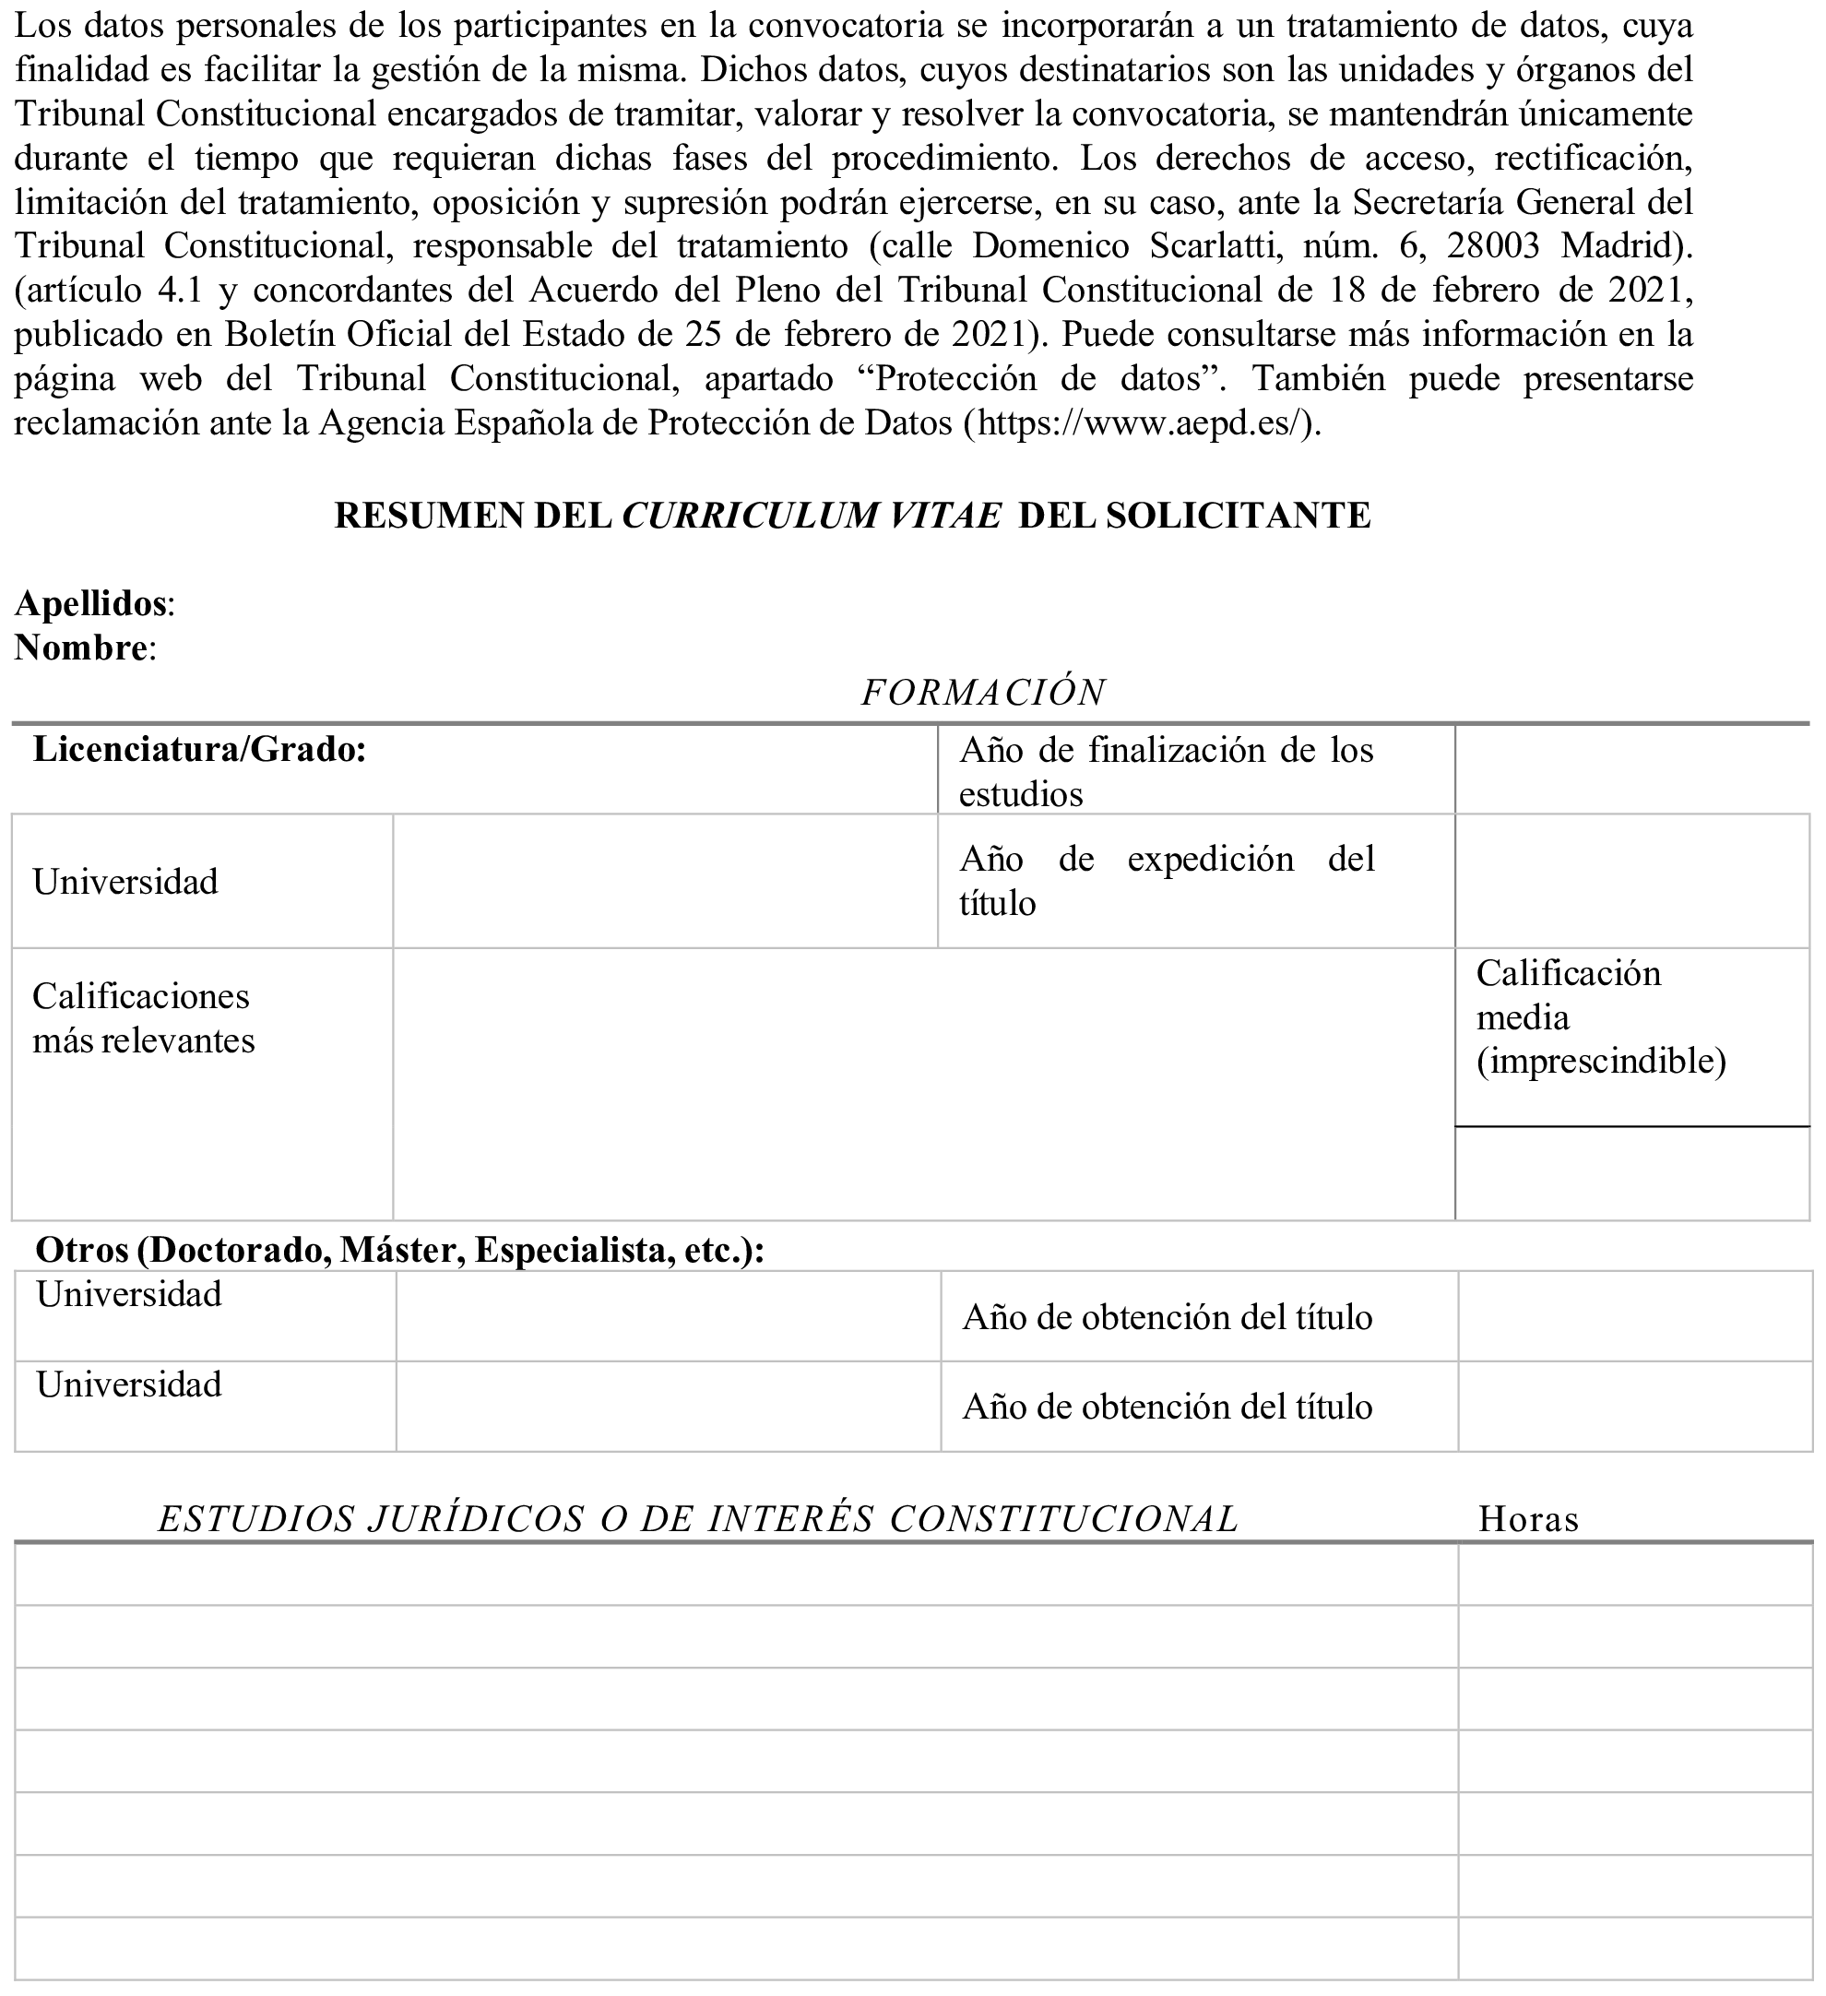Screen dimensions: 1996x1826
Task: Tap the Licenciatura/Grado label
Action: point(199,751)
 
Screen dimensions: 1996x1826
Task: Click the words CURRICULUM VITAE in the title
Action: point(811,516)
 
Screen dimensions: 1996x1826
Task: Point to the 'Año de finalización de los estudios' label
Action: point(1166,772)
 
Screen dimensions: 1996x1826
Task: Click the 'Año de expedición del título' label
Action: point(1166,880)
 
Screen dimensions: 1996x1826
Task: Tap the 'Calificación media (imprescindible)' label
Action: point(1600,1017)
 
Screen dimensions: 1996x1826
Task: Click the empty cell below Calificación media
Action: point(1632,1174)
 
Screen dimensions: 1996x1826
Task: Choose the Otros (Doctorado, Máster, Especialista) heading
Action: point(398,1252)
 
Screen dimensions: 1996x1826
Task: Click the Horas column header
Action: point(1528,1520)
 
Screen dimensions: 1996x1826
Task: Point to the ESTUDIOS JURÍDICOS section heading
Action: point(698,1520)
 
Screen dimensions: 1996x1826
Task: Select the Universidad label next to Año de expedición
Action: point(125,882)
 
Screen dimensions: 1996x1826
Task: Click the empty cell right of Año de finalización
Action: point(1632,769)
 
